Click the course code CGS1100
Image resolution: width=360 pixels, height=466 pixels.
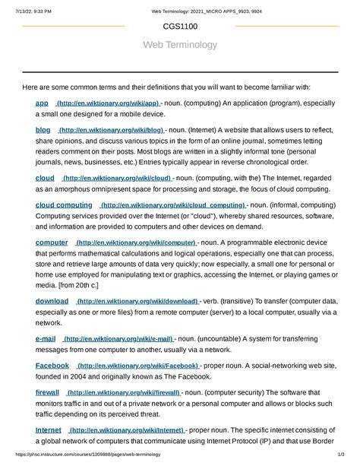pos(180,26)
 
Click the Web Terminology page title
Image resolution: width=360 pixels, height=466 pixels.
pos(180,45)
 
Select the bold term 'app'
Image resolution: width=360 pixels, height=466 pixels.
pos(42,103)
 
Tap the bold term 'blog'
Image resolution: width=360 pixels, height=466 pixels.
pos(43,130)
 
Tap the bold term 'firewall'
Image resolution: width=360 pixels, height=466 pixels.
pos(47,392)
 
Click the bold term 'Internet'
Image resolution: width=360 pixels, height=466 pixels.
pos(49,430)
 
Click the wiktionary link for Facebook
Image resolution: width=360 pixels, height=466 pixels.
pos(139,366)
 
